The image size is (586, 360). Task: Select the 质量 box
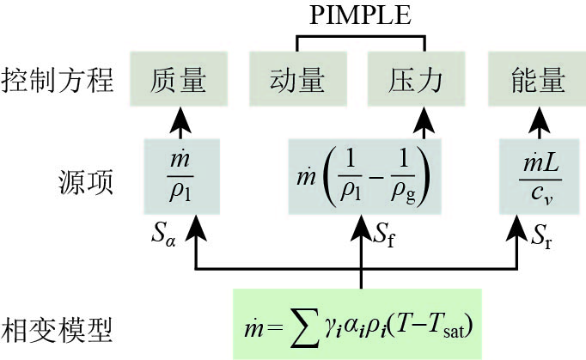181,79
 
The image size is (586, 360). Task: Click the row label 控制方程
58,80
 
